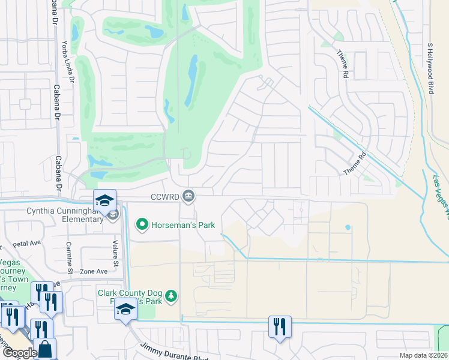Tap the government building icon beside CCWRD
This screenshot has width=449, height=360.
coord(188,196)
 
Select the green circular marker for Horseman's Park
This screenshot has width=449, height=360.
coord(142,226)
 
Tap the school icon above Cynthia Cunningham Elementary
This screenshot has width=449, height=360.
coord(104,200)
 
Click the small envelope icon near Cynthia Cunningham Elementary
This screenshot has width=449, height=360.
coord(112,214)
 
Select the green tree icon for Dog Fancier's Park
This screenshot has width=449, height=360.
coord(172,295)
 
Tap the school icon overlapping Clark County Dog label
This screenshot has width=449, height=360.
coord(125,310)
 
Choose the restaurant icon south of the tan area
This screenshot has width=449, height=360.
coord(280,326)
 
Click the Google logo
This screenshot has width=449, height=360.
coord(19,353)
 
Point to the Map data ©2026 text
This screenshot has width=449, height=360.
coord(423,355)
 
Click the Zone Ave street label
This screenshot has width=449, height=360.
coord(94,271)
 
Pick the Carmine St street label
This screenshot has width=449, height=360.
coord(70,260)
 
